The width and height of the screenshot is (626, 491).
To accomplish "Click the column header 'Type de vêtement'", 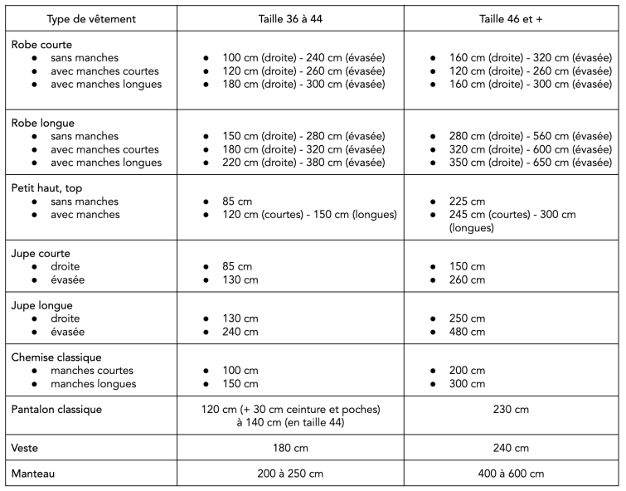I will (x=91, y=19).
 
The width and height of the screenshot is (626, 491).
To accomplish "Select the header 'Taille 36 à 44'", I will (x=290, y=19).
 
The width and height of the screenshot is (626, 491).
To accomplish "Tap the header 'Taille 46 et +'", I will (x=512, y=19).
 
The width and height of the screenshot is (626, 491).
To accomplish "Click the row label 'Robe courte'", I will (x=41, y=45).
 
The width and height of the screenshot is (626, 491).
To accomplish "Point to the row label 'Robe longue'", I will (x=42, y=123).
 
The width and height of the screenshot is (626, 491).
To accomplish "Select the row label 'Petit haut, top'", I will (x=52, y=188).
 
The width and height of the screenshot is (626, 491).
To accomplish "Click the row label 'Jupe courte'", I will (x=41, y=253).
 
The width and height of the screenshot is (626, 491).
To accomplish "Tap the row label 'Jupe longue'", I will (x=42, y=305).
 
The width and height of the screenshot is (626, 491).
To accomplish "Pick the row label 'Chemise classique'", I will (x=56, y=357).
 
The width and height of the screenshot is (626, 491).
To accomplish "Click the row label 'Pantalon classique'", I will (x=59, y=409).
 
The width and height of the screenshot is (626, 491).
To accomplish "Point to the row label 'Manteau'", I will (x=34, y=474).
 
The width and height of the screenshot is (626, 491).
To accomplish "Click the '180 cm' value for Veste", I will (x=290, y=448).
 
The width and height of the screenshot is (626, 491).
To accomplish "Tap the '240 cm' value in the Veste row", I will (x=512, y=448).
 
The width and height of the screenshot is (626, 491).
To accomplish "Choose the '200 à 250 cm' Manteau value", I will (x=290, y=474).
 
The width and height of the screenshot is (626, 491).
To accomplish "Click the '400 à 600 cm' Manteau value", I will (x=512, y=474).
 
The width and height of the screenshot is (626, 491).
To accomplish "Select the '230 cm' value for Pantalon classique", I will (x=512, y=409).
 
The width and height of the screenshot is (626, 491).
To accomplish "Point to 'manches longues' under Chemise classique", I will (x=93, y=384).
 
